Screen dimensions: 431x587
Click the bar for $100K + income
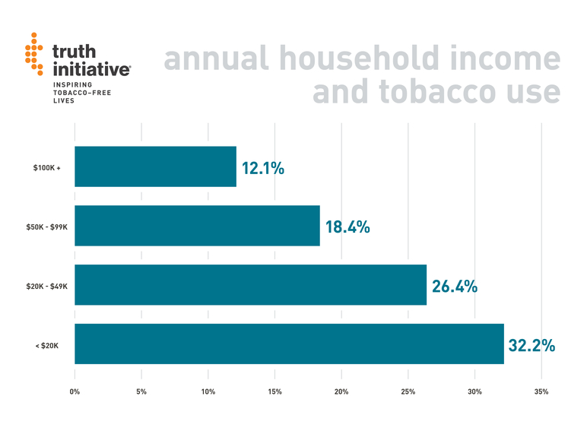point(155,166)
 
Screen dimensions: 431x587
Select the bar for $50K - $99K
point(197,226)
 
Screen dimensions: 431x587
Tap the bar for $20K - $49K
point(250,285)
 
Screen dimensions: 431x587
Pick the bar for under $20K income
point(289,344)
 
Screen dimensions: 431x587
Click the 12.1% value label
point(263,168)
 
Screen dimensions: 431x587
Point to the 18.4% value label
point(347,227)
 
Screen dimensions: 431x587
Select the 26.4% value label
point(455,287)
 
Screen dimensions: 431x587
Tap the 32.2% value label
point(531,345)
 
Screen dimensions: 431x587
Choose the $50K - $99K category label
point(48,227)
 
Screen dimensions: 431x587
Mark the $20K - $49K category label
point(48,286)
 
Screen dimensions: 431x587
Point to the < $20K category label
point(46,345)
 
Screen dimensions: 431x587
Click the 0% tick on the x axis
point(75,391)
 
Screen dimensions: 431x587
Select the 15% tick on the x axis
point(274,391)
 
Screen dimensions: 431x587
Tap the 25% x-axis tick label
point(408,391)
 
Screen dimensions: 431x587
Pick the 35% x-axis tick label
point(541,391)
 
